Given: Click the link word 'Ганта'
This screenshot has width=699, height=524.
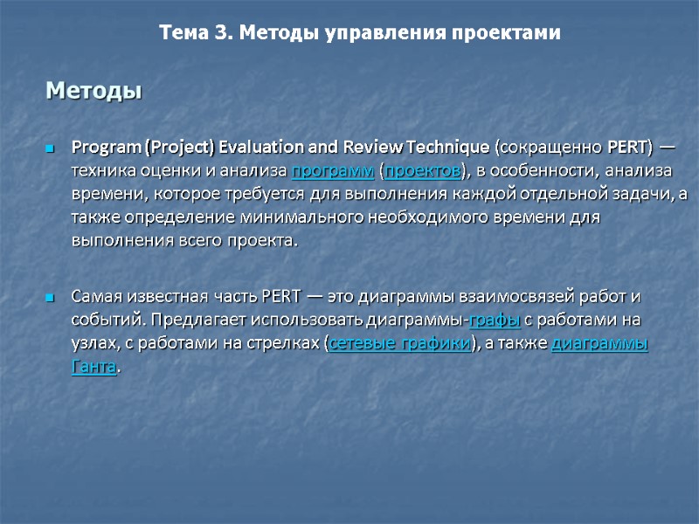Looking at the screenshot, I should click(x=93, y=368).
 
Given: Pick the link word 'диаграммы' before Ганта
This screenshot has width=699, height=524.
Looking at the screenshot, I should click(x=599, y=344).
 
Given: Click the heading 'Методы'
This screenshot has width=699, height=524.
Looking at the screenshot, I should click(x=93, y=90).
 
